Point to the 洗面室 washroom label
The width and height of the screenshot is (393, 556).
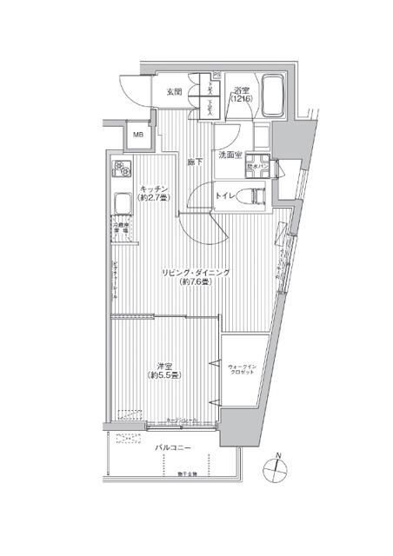click(230, 156)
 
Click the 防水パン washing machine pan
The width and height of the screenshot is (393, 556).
click(258, 169)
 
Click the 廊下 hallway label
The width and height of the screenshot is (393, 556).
click(193, 162)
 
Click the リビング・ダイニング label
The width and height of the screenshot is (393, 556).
click(196, 273)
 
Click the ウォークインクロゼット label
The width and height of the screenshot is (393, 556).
click(243, 370)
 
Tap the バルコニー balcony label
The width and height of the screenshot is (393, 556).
click(173, 448)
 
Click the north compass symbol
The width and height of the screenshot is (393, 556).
click(277, 467)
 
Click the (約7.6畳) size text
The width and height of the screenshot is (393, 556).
click(196, 283)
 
